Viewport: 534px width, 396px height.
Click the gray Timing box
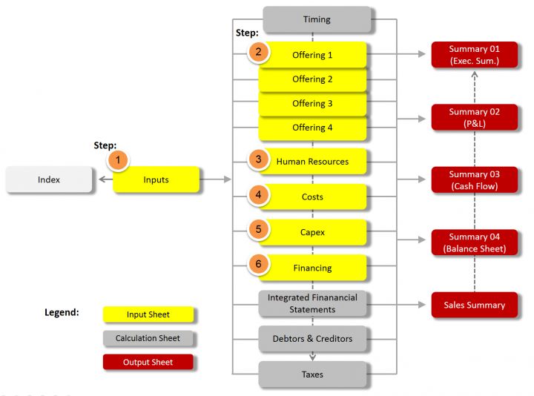317,19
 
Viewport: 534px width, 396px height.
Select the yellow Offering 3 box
312,104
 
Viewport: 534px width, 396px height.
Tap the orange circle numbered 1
118,159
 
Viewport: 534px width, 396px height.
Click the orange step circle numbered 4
258,195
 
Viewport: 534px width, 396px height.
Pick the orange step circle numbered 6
258,265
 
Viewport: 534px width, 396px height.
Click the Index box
49,179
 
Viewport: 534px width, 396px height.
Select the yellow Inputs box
156,179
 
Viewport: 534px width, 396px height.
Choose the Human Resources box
312,161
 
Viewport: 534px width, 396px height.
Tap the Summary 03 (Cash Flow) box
475,180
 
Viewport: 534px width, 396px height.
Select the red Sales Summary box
475,305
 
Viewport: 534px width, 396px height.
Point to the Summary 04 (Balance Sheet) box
475,242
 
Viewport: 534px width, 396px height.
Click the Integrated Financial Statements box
312,303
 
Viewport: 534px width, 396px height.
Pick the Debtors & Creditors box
312,339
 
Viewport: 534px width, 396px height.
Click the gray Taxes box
312,374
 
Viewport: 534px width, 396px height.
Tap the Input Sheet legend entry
148,314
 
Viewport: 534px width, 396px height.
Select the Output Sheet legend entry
148,362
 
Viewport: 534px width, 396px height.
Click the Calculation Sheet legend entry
148,338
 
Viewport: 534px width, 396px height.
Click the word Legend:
62,312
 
